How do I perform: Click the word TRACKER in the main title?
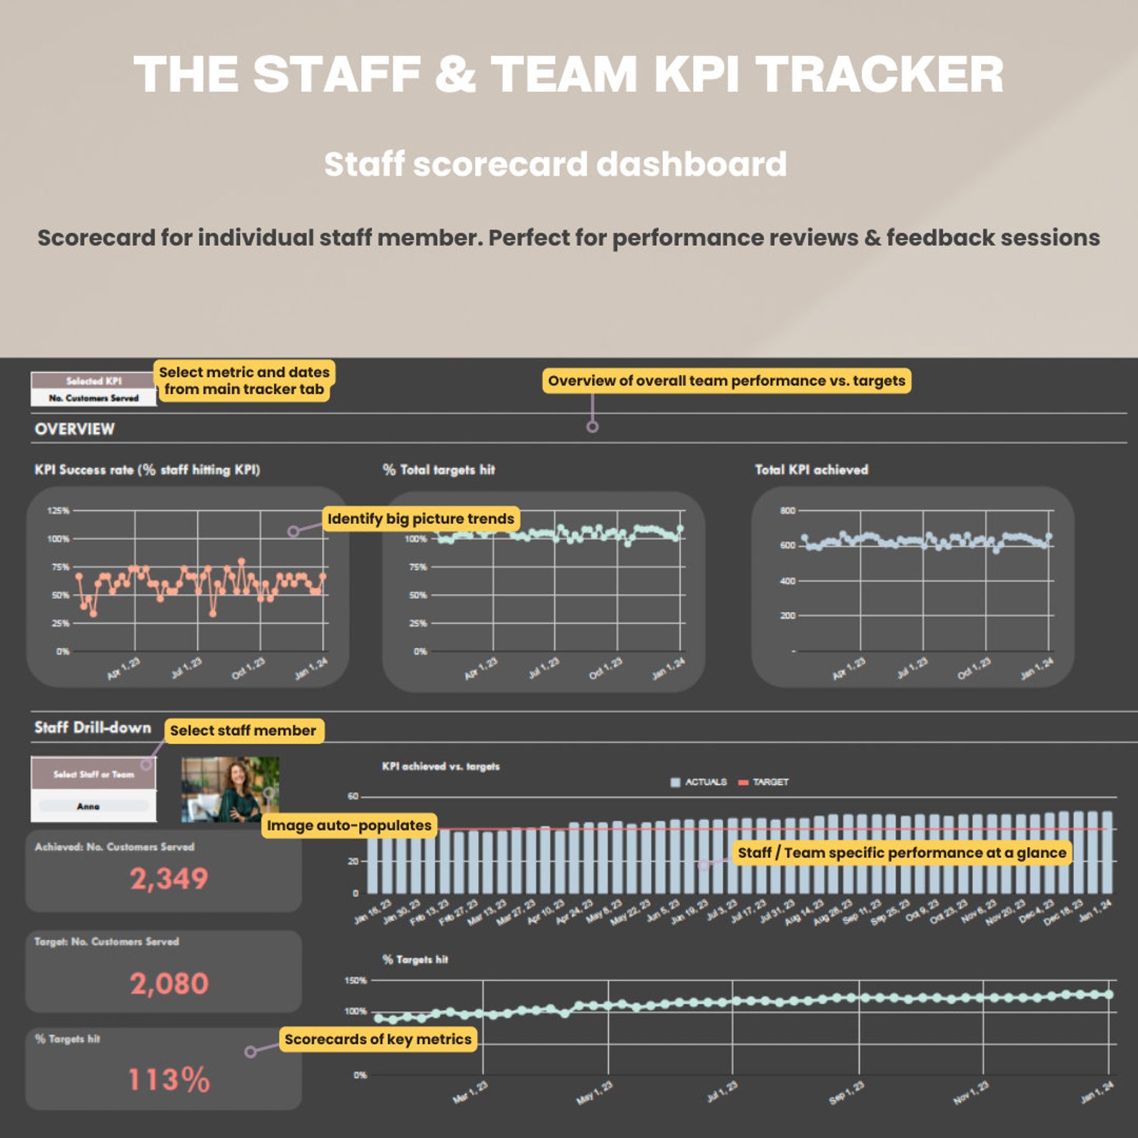point(880,75)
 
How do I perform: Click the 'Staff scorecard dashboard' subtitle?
point(555,164)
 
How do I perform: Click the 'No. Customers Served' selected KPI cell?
point(93,398)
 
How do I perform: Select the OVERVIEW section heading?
point(75,429)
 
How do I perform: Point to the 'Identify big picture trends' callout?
point(421,518)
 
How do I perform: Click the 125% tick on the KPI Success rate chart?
point(58,510)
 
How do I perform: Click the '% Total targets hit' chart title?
point(439,469)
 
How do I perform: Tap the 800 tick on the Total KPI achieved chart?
point(787,510)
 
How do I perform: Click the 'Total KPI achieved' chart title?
point(811,469)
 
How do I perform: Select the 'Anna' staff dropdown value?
point(89,806)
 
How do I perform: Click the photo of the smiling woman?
point(230,789)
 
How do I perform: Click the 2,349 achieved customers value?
point(169,879)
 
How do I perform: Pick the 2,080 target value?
point(169,983)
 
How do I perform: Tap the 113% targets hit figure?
point(169,1079)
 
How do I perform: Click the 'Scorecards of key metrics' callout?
point(378,1039)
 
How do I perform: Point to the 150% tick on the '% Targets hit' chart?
point(355,980)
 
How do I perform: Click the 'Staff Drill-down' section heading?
point(92,727)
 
